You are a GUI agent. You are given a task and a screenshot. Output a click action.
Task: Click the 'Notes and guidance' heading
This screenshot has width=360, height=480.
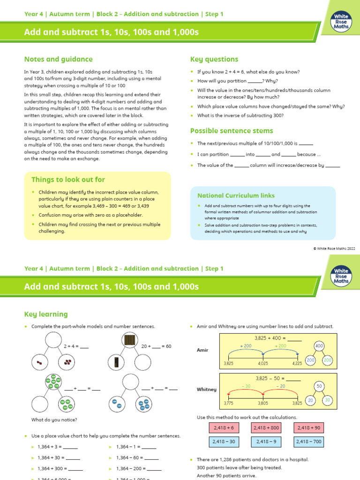tap(58, 60)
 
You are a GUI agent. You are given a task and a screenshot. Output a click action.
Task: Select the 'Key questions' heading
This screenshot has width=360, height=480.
tap(214, 60)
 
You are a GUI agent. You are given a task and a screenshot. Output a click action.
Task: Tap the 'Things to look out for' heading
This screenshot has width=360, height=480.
tap(68, 180)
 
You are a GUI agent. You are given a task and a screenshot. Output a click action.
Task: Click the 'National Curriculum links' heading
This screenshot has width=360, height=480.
tap(236, 195)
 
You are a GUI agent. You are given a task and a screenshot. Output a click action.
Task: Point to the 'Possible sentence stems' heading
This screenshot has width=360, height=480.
tap(232, 131)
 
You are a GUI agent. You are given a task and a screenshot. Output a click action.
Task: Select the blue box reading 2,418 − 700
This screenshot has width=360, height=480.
tap(308, 442)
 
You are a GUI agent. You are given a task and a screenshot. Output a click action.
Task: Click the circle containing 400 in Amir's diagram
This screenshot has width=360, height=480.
tap(319, 346)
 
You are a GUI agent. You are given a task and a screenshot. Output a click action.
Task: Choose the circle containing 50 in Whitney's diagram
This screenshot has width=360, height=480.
tap(319, 386)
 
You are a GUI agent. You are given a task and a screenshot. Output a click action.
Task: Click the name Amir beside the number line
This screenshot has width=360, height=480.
tap(202, 350)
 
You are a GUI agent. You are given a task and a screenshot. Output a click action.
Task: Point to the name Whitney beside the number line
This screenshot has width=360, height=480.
tap(206, 390)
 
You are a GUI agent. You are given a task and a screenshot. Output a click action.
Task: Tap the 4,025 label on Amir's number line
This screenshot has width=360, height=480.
tap(263, 363)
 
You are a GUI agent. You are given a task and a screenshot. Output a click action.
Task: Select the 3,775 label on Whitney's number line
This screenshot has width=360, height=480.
tap(228, 403)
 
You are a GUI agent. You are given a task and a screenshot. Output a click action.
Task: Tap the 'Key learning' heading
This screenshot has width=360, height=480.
tap(46, 314)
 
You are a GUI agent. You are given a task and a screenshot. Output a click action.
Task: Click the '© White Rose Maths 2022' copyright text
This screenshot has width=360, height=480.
tap(334, 248)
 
